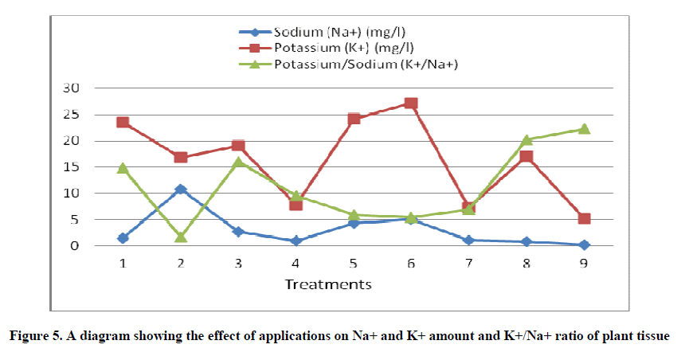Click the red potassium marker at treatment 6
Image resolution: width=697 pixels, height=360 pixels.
point(411,104)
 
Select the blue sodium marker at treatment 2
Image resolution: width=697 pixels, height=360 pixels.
point(181,190)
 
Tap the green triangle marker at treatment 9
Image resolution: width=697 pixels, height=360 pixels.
point(584,129)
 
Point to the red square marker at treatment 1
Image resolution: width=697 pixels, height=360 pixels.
point(123,123)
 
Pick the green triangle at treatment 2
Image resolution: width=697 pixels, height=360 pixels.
point(181,237)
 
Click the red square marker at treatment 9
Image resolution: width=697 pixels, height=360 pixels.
point(584,218)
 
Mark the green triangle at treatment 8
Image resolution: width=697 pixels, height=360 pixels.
point(527,140)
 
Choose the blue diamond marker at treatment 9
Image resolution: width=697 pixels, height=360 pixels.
point(584,245)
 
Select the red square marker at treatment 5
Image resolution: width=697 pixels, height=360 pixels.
point(354,119)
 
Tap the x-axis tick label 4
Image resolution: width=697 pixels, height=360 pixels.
point(296,264)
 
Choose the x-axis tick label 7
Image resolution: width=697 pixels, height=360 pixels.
point(468,264)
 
